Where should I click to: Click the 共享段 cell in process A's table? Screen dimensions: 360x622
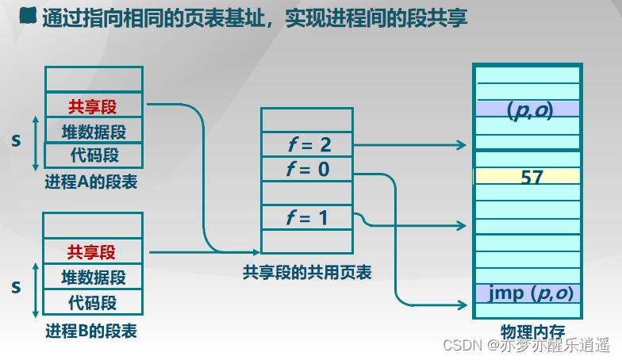point(94,105)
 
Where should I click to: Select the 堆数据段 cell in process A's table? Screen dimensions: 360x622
point(94,130)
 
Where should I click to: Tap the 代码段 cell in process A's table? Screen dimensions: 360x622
point(94,155)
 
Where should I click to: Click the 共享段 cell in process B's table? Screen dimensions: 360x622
point(92,252)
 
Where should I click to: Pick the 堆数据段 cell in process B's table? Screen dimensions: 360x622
point(92,277)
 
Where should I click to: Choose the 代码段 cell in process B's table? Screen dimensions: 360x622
point(92,302)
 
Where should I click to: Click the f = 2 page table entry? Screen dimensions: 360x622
point(306,145)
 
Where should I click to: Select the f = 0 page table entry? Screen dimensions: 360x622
point(306,170)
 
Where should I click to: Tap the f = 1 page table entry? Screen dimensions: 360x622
point(306,217)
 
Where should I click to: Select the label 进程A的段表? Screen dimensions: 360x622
point(92,182)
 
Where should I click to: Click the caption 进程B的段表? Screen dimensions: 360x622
point(91,331)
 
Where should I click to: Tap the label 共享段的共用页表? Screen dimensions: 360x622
point(307,273)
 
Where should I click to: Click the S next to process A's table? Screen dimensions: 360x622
point(17,140)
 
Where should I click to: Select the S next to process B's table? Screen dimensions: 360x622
point(16,287)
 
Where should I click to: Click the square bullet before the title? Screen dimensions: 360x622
point(28,16)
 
